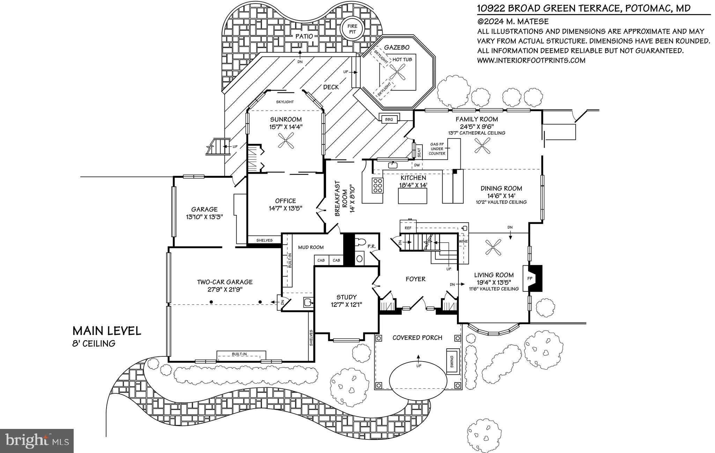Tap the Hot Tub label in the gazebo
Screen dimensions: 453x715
402,60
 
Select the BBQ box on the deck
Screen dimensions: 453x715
389,119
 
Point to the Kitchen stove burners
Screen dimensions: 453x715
377,185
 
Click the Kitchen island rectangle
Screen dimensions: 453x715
412,196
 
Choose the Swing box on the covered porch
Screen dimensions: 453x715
452,362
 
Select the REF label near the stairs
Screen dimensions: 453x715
408,228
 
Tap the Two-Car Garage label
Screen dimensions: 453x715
224,282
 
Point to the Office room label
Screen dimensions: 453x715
285,201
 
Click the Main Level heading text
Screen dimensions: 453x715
106,331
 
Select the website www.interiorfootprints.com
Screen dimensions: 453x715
531,60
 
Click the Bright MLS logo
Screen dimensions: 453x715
37,441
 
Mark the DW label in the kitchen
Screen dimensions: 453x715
417,165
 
